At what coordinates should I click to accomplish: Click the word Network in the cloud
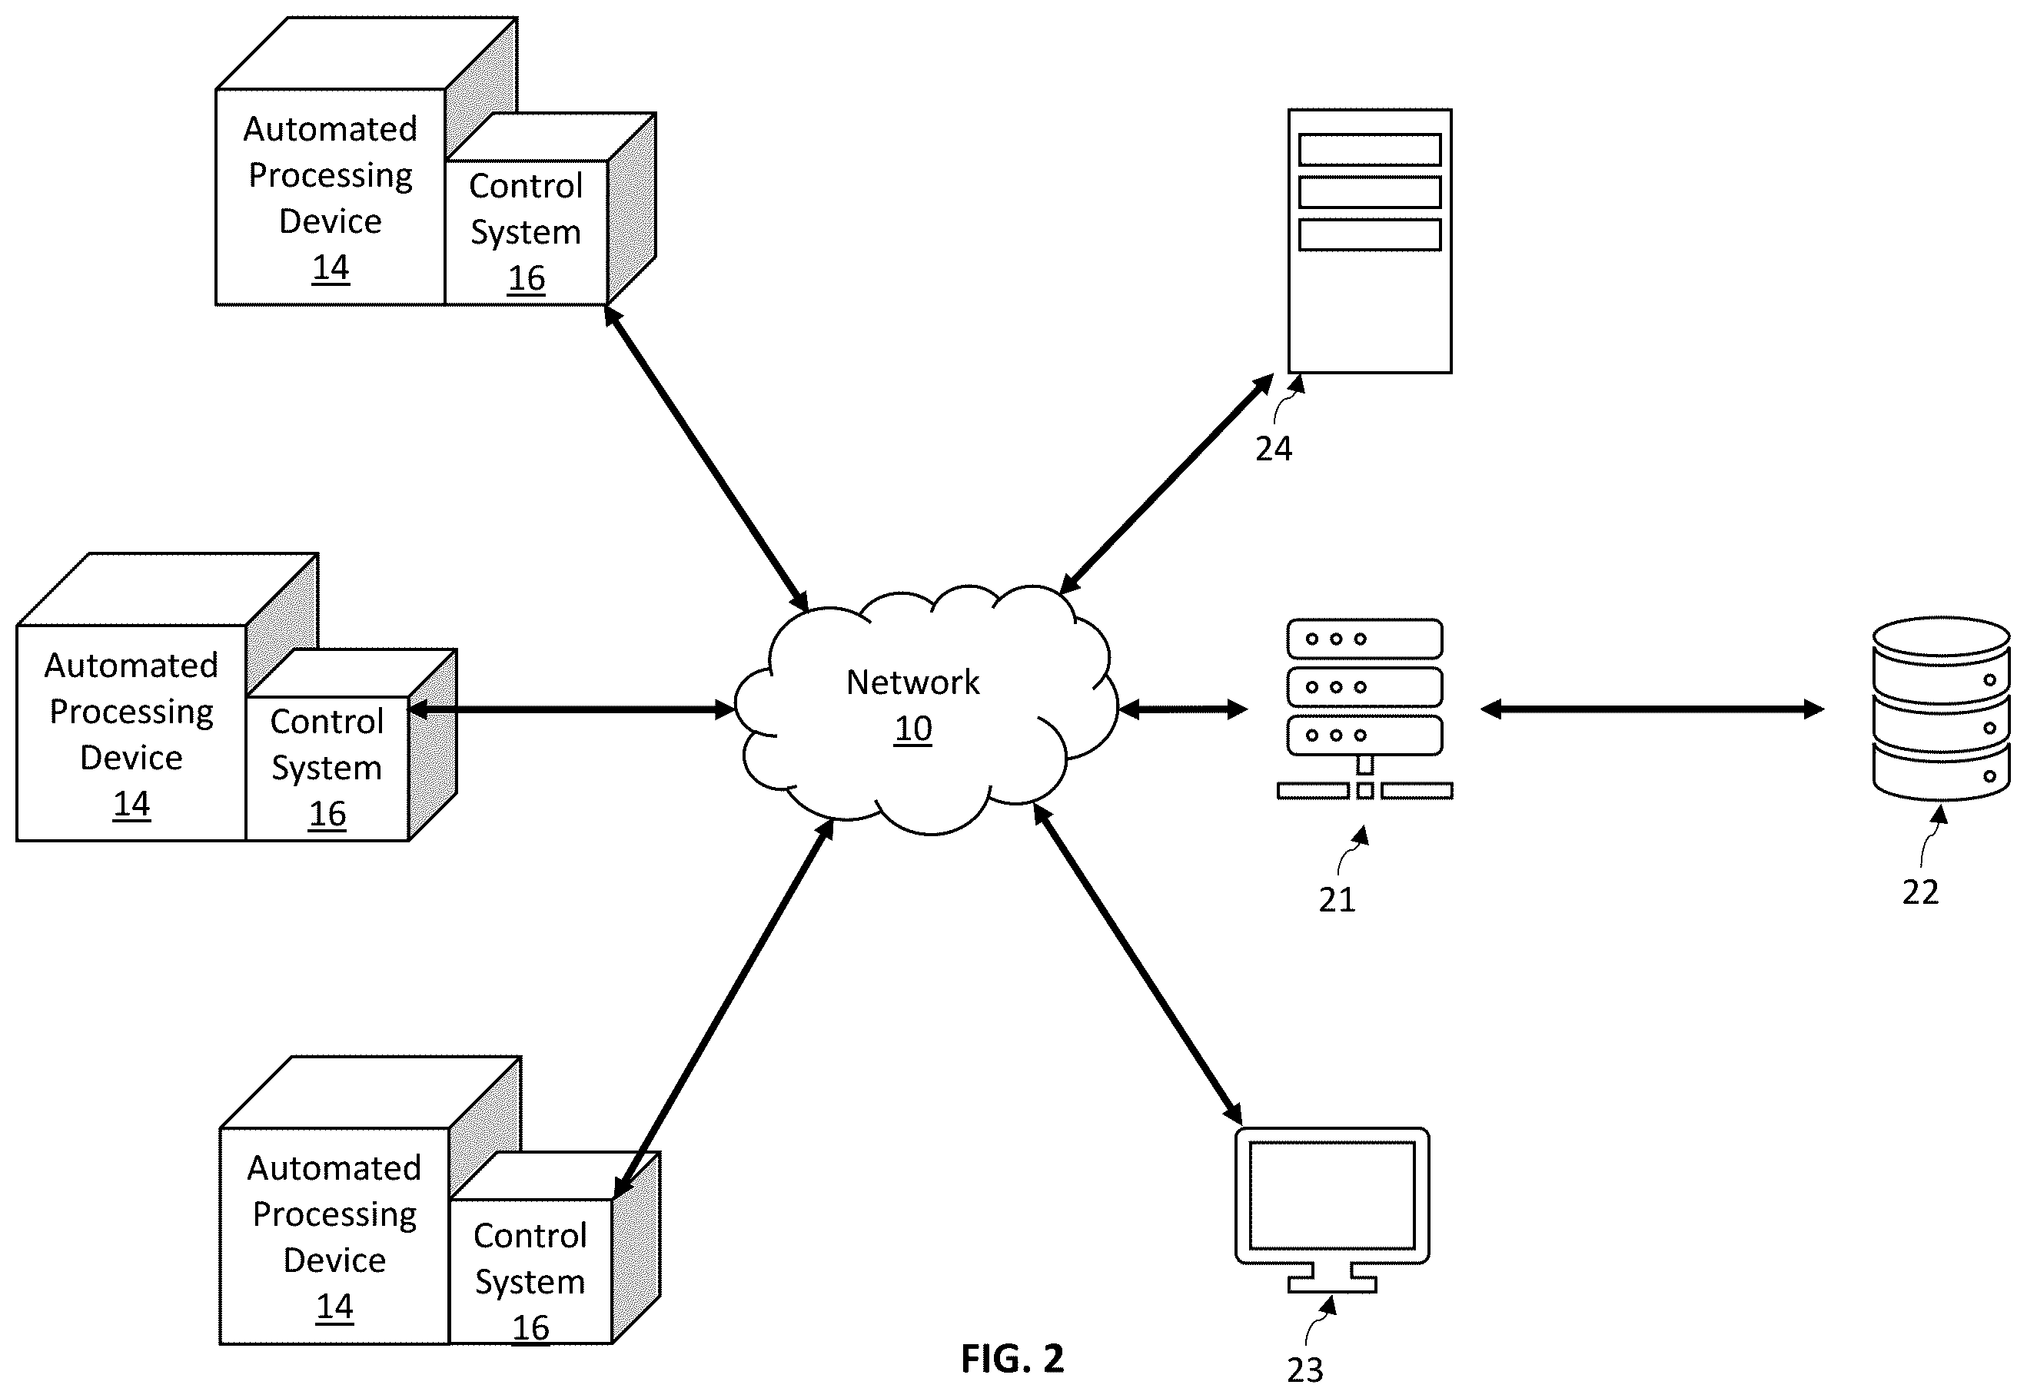pos(912,682)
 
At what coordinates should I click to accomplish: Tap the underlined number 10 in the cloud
pos(912,729)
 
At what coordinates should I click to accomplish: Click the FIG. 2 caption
pos(1012,1359)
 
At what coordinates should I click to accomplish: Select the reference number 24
pos(1274,450)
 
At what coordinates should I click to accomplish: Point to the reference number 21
pos(1337,899)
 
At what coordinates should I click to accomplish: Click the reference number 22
pos(1920,892)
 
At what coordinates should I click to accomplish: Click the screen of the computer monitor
pos(1331,1195)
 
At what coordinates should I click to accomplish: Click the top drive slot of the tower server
pos(1370,150)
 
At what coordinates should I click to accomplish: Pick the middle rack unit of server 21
pos(1364,688)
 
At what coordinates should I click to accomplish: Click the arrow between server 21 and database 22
pos(1652,709)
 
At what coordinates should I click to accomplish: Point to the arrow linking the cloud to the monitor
pos(1137,963)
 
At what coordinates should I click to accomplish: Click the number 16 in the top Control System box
pos(527,278)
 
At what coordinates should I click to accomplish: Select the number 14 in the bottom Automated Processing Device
pos(334,1307)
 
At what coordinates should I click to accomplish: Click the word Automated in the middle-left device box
pos(131,666)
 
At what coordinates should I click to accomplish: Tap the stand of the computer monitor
pos(1331,1279)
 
